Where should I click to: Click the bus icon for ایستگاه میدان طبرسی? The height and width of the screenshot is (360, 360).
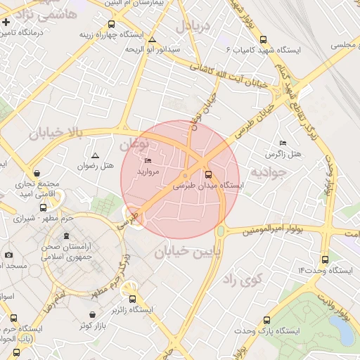tap(208, 174)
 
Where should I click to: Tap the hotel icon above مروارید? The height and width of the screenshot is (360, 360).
tap(148, 161)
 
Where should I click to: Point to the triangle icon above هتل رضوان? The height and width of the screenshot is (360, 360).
tap(96, 155)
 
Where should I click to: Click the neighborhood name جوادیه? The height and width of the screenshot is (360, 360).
tap(269, 171)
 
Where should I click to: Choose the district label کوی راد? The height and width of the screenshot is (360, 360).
tap(241, 280)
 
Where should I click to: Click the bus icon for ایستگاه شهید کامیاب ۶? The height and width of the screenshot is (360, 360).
tap(264, 39)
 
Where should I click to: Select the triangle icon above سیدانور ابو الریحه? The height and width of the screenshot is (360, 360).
tap(153, 40)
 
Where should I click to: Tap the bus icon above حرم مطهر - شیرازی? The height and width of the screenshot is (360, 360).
tap(44, 208)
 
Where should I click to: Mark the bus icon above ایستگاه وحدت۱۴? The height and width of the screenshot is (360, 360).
tap(324, 259)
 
